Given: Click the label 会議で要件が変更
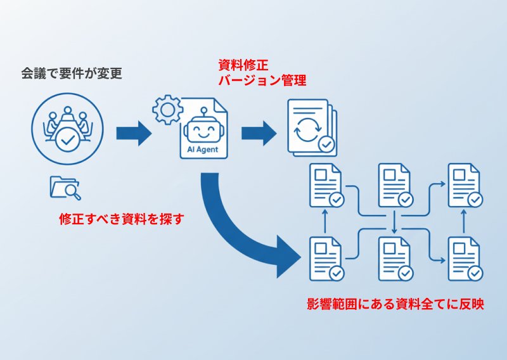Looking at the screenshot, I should click(72, 74).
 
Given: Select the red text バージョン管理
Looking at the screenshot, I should click(262, 80).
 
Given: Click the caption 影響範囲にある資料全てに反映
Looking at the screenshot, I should click(395, 304).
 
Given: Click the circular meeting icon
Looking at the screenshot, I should click(67, 131).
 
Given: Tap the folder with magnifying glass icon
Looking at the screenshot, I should click(65, 187).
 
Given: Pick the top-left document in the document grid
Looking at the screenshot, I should click(326, 185).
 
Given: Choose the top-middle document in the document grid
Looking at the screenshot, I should click(395, 185).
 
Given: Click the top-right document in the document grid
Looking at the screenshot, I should click(465, 185).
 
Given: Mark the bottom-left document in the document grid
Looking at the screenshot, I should click(326, 258).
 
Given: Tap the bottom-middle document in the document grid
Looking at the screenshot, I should click(395, 258).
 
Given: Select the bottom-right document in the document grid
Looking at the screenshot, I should click(465, 258).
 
